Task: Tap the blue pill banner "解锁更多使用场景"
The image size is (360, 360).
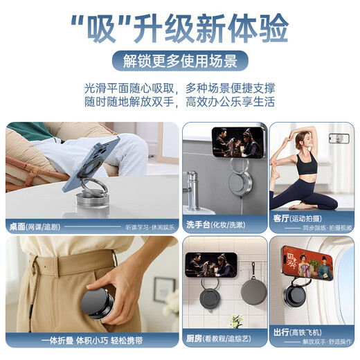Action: [x=179, y=61]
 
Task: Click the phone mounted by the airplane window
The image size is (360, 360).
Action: [x=306, y=263]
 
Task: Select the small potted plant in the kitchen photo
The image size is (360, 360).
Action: [x=237, y=321]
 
